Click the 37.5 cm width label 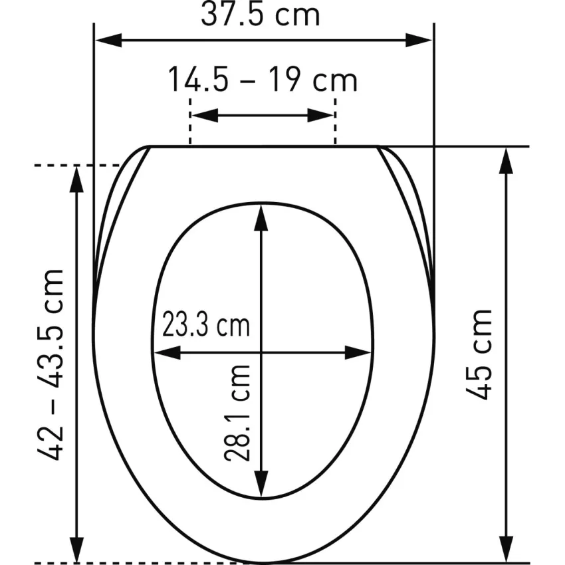point(260,15)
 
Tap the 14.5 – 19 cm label point(263,79)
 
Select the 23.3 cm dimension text point(206,324)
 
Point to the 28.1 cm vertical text point(237,413)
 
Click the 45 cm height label point(479,354)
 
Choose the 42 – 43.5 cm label point(51,364)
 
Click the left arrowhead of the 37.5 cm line point(108,41)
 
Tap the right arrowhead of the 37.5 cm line point(419,41)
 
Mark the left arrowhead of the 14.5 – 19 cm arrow point(205,115)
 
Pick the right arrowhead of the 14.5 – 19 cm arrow point(320,115)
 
